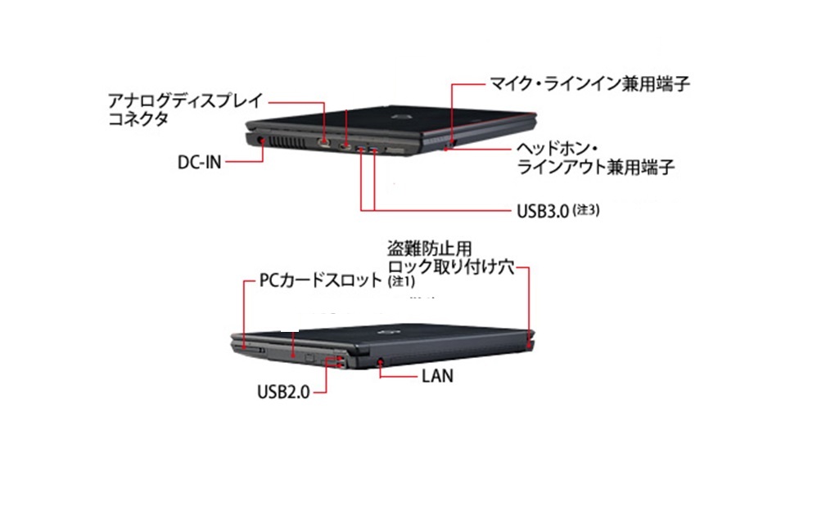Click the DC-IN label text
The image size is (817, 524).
click(199, 161)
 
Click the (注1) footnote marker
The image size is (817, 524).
click(401, 282)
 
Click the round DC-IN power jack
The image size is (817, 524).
click(261, 141)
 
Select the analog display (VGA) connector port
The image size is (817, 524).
click(325, 144)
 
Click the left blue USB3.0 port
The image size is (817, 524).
click(360, 148)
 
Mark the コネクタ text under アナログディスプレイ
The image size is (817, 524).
click(138, 119)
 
